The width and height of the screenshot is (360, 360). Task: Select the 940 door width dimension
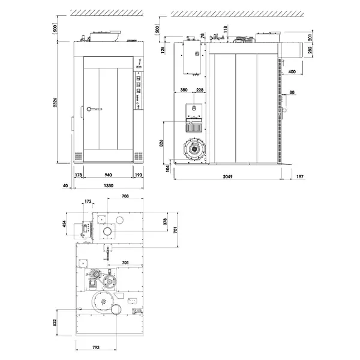[108, 175]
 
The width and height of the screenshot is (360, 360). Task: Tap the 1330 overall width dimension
[108, 187]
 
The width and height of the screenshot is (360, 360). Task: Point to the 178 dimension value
[78, 175]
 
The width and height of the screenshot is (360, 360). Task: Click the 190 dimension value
[138, 175]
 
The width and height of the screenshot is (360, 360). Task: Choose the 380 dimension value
[184, 91]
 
